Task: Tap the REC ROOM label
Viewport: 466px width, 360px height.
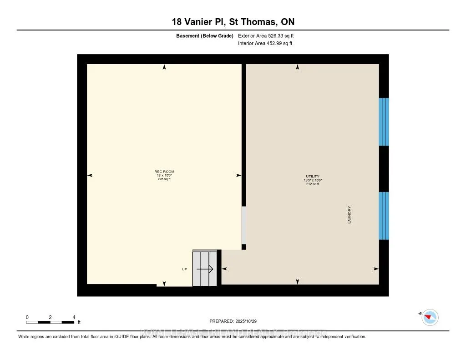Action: [x=164, y=172]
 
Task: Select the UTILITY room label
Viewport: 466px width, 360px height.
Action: [x=313, y=176]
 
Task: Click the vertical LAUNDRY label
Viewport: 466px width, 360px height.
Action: [x=349, y=215]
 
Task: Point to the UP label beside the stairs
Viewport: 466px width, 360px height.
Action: [x=184, y=269]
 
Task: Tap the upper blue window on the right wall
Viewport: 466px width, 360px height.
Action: [x=384, y=122]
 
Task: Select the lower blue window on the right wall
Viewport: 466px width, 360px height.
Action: [x=384, y=216]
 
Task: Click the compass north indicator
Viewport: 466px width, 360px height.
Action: [x=430, y=317]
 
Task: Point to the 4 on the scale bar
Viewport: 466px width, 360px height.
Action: [x=74, y=317]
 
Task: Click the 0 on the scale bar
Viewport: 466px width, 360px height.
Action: [x=27, y=317]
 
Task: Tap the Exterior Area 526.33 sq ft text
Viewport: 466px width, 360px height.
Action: [x=269, y=35]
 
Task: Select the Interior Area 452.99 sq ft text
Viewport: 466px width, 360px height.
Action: [x=265, y=44]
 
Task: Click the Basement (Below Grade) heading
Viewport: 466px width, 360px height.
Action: [x=205, y=35]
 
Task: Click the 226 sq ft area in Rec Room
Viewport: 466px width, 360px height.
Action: [x=164, y=179]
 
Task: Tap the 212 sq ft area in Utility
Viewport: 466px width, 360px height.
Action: [x=313, y=184]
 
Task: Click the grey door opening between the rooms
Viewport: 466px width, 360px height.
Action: [x=243, y=225]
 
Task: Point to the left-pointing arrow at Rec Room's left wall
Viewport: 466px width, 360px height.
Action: [x=90, y=175]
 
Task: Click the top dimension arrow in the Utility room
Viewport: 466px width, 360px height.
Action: [x=298, y=67]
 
